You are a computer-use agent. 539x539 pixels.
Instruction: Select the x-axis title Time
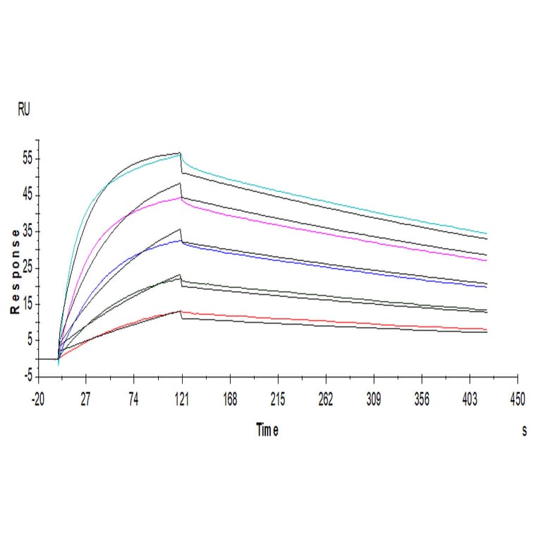(267, 430)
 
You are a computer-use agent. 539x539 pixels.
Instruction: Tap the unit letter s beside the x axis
(523, 431)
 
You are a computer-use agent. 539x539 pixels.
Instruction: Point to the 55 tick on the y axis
(28, 159)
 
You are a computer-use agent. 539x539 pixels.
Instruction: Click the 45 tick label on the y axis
(28, 195)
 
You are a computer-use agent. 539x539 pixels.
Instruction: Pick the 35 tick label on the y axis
(28, 231)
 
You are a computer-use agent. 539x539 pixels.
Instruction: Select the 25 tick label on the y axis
(28, 268)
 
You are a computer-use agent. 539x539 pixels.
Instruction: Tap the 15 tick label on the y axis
(28, 304)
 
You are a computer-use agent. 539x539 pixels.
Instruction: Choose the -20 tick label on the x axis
(37, 399)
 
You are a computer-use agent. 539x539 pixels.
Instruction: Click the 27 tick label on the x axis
(85, 399)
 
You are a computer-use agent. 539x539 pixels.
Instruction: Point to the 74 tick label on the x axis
(133, 399)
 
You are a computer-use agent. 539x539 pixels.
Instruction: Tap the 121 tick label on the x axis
(182, 399)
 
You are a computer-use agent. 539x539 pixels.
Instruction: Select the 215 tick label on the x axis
(278, 399)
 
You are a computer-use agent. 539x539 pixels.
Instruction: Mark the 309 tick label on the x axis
(374, 399)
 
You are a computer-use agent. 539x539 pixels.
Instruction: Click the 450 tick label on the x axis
(518, 399)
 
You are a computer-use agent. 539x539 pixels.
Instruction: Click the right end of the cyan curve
(487, 234)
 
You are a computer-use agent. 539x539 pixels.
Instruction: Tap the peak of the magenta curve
(181, 198)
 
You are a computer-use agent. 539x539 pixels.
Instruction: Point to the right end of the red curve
(487, 329)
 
